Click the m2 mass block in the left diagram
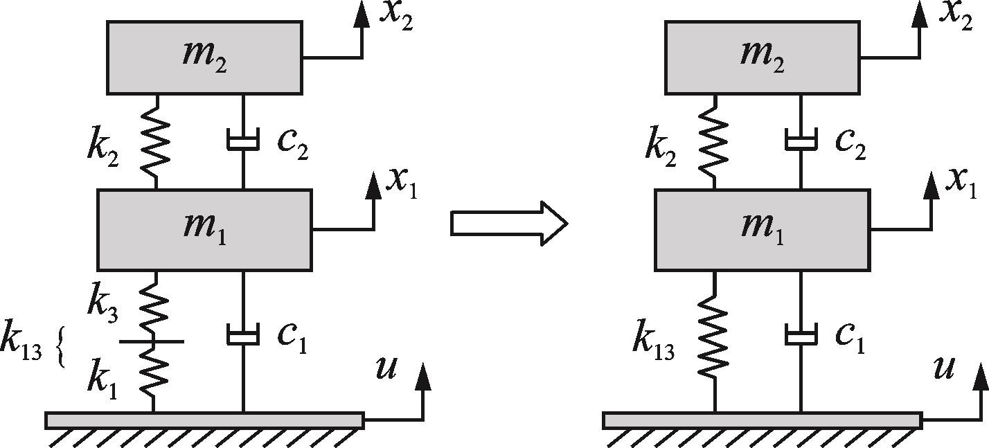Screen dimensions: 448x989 (x=204, y=57)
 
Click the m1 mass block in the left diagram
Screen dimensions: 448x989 (x=204, y=229)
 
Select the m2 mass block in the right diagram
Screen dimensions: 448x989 (x=762, y=57)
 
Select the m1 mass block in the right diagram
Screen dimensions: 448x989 (x=762, y=229)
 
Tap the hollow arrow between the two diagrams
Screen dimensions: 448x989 (x=509, y=224)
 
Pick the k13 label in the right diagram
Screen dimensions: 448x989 (x=653, y=341)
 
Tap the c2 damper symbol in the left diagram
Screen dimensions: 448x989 (x=243, y=141)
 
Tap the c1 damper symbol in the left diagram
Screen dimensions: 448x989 (x=243, y=335)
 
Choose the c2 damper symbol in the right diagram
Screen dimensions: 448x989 (x=801, y=141)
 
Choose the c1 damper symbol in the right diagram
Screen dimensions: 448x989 (x=801, y=335)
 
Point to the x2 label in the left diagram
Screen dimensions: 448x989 (x=396, y=15)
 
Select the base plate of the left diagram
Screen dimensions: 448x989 (x=204, y=420)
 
